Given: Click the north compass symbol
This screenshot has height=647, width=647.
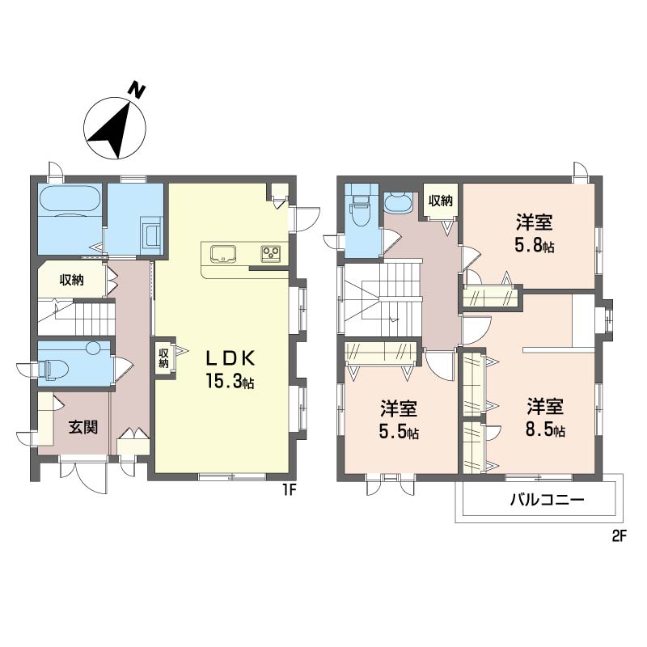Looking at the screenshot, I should [115, 129].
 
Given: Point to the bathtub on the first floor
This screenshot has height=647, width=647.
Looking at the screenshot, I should [70, 201].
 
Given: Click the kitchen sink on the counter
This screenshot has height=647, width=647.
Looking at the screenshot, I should [222, 253].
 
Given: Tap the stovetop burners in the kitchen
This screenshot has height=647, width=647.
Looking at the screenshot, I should [270, 254].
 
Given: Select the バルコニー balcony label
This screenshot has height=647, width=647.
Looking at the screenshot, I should [547, 501].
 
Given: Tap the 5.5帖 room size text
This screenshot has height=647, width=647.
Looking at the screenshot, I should [400, 432].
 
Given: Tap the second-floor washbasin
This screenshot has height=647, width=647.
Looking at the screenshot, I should [396, 201].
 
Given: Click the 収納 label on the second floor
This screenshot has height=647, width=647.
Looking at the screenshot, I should [441, 201].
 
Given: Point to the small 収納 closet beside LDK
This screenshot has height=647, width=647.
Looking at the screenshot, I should [164, 357].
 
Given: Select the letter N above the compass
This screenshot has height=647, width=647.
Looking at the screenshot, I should [137, 91].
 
